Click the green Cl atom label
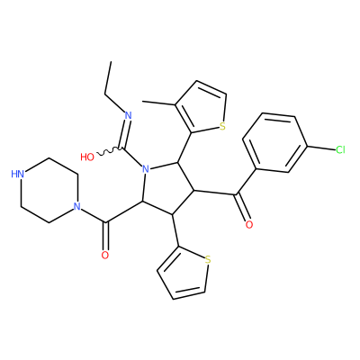[340, 149]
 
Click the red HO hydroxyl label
[87, 157]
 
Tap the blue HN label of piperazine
[18, 174]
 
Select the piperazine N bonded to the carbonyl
[76, 206]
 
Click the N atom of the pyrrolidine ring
[146, 169]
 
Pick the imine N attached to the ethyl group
[128, 115]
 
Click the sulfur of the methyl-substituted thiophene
[222, 126]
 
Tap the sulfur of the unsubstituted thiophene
[208, 259]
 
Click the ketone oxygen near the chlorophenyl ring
[248, 224]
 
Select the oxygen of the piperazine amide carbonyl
[104, 256]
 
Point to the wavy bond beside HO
[109, 151]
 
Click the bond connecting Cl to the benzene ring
[320, 148]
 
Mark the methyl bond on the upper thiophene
[158, 103]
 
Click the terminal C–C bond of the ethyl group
[108, 78]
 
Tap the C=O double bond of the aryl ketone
[242, 208]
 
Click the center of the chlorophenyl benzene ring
[274, 142]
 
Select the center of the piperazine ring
[49, 190]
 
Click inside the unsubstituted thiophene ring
[184, 274]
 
